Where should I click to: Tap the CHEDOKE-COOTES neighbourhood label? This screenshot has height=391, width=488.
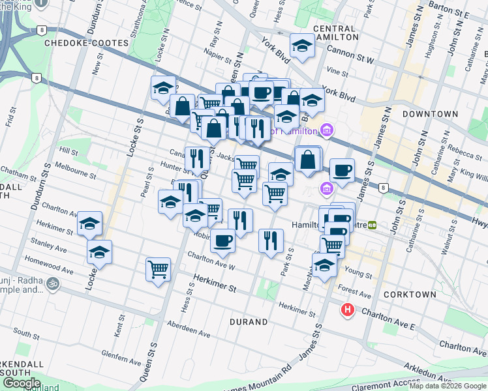pyautogui.click(x=77, y=43)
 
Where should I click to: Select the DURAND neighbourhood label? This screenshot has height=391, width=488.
pyautogui.click(x=249, y=322)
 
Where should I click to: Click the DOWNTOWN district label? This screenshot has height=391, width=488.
pyautogui.click(x=430, y=114)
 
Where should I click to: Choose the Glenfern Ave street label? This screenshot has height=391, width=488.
pyautogui.click(x=121, y=358)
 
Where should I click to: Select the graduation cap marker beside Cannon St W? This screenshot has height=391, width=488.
pyautogui.click(x=302, y=45)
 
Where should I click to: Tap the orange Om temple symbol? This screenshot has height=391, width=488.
pyautogui.click(x=52, y=284)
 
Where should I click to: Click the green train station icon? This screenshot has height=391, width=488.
pyautogui.click(x=373, y=225)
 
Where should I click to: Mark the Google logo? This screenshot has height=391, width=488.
pyautogui.click(x=22, y=383)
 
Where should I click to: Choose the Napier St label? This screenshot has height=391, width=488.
pyautogui.click(x=217, y=57)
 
